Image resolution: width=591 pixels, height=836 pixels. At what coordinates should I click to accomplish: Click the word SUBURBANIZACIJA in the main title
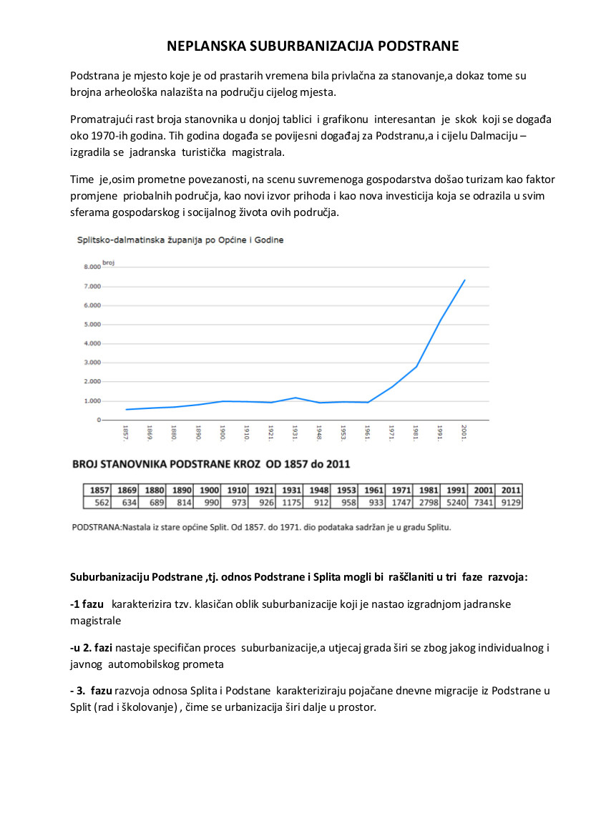(311, 46)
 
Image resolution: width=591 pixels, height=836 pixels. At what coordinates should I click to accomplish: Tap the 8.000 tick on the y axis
(92, 267)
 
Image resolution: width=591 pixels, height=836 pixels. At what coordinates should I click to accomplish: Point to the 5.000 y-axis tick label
(92, 325)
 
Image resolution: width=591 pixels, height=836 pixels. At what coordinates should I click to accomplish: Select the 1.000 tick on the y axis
(92, 401)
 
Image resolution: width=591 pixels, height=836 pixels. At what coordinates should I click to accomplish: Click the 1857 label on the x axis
(127, 433)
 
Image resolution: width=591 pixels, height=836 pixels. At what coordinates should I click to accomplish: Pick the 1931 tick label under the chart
(295, 433)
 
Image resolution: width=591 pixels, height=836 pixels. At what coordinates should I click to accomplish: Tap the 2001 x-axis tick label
(464, 433)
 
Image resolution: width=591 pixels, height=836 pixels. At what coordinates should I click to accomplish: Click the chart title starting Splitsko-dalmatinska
(180, 240)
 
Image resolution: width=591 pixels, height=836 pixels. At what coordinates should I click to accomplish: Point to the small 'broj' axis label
(109, 263)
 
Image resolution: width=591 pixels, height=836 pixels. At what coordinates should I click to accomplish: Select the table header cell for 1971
(401, 491)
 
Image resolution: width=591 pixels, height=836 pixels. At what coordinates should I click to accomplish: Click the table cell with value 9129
(510, 503)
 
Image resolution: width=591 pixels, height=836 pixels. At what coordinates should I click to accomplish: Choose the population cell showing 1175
(291, 503)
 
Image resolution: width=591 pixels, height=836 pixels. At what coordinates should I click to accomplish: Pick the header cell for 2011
(510, 491)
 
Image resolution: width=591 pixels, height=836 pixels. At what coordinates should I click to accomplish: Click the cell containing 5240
(455, 503)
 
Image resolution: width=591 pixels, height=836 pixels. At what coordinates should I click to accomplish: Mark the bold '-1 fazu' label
(87, 604)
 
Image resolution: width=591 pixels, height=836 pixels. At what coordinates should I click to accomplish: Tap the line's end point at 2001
(465, 280)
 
